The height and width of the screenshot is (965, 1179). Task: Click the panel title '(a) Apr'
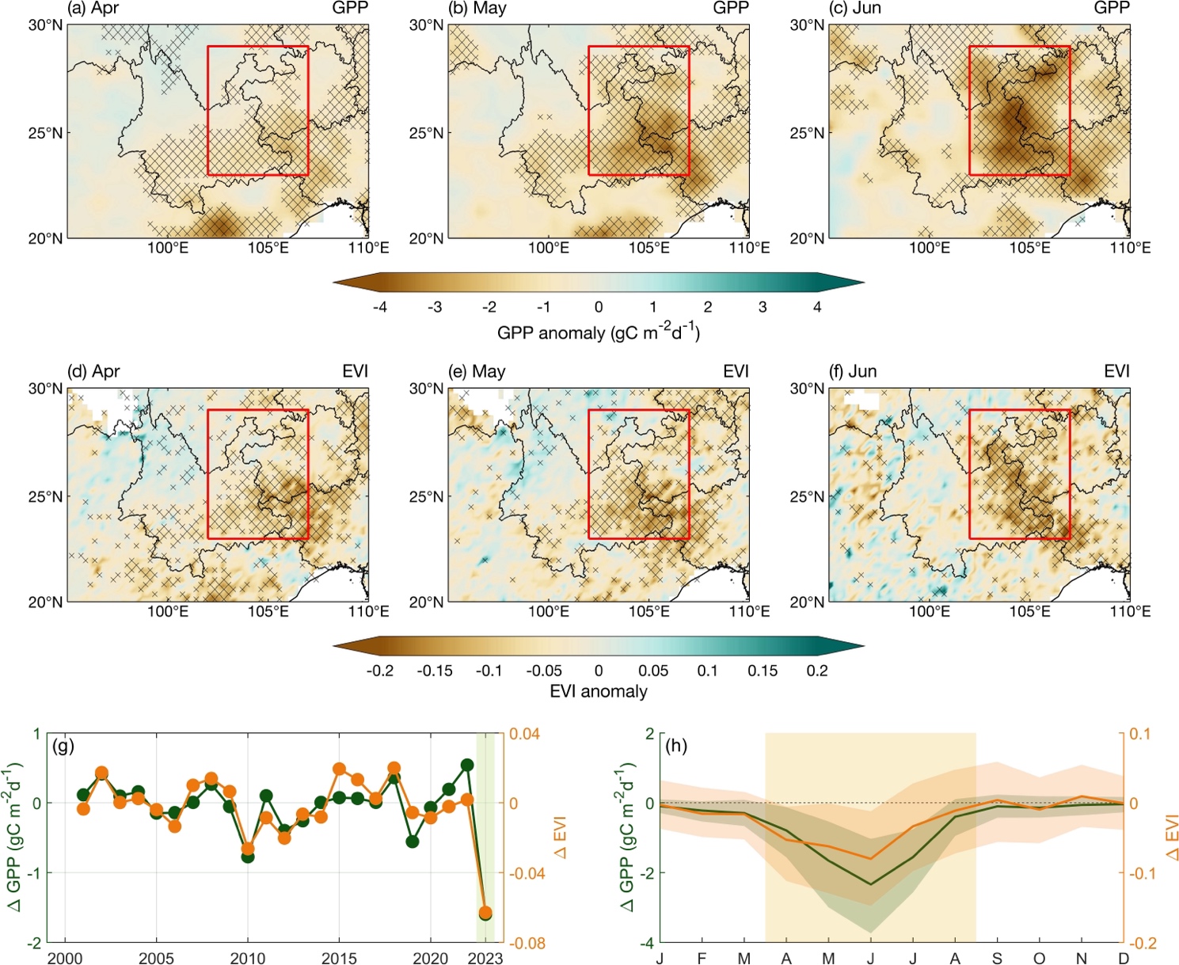(93, 8)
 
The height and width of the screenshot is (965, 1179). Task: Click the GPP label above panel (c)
(1112, 8)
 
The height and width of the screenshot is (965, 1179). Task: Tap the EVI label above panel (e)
(736, 371)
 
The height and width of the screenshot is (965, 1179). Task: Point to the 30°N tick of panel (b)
(426, 25)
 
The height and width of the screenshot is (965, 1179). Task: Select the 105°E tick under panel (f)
(1029, 611)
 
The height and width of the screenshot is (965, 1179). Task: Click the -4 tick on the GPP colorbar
(380, 307)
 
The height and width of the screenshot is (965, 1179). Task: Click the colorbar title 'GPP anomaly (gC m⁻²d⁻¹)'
(598, 332)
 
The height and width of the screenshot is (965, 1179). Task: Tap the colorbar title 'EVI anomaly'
(598, 691)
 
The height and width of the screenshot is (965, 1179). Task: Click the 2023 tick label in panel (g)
(485, 959)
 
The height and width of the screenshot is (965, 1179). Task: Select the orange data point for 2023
(485, 913)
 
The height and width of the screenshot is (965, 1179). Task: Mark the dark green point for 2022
(467, 765)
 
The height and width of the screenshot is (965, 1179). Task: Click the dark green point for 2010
(248, 856)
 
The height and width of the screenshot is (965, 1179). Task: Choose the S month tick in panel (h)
(997, 959)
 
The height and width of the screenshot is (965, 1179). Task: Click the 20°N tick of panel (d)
(45, 602)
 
